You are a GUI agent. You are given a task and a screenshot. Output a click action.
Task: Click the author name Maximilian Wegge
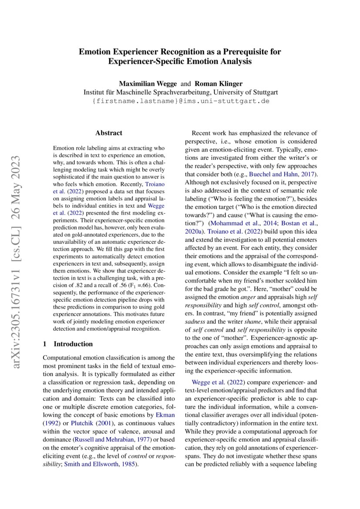coord(148,84)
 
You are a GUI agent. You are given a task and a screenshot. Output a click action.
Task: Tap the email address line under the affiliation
coord(180,101)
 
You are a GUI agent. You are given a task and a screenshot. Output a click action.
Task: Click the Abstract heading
coord(109,133)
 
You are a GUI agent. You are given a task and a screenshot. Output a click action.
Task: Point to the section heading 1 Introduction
coord(68,344)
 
